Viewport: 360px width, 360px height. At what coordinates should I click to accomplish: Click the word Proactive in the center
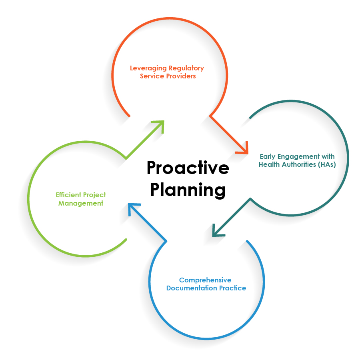click(x=188, y=168)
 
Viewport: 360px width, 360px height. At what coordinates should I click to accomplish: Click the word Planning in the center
click(x=188, y=190)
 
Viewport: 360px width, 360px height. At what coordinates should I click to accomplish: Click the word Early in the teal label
click(x=268, y=156)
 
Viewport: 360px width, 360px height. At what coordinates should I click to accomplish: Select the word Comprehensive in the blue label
click(x=205, y=280)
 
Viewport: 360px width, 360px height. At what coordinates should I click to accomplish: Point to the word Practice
click(x=232, y=288)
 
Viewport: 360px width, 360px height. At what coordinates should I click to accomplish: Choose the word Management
click(x=81, y=203)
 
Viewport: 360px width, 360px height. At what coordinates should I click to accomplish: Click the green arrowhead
click(x=160, y=124)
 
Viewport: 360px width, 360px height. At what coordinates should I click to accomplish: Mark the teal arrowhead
click(x=216, y=231)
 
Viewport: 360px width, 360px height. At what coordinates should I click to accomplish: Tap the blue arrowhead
click(x=132, y=208)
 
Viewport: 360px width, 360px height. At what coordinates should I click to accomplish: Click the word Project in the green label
click(x=94, y=195)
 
